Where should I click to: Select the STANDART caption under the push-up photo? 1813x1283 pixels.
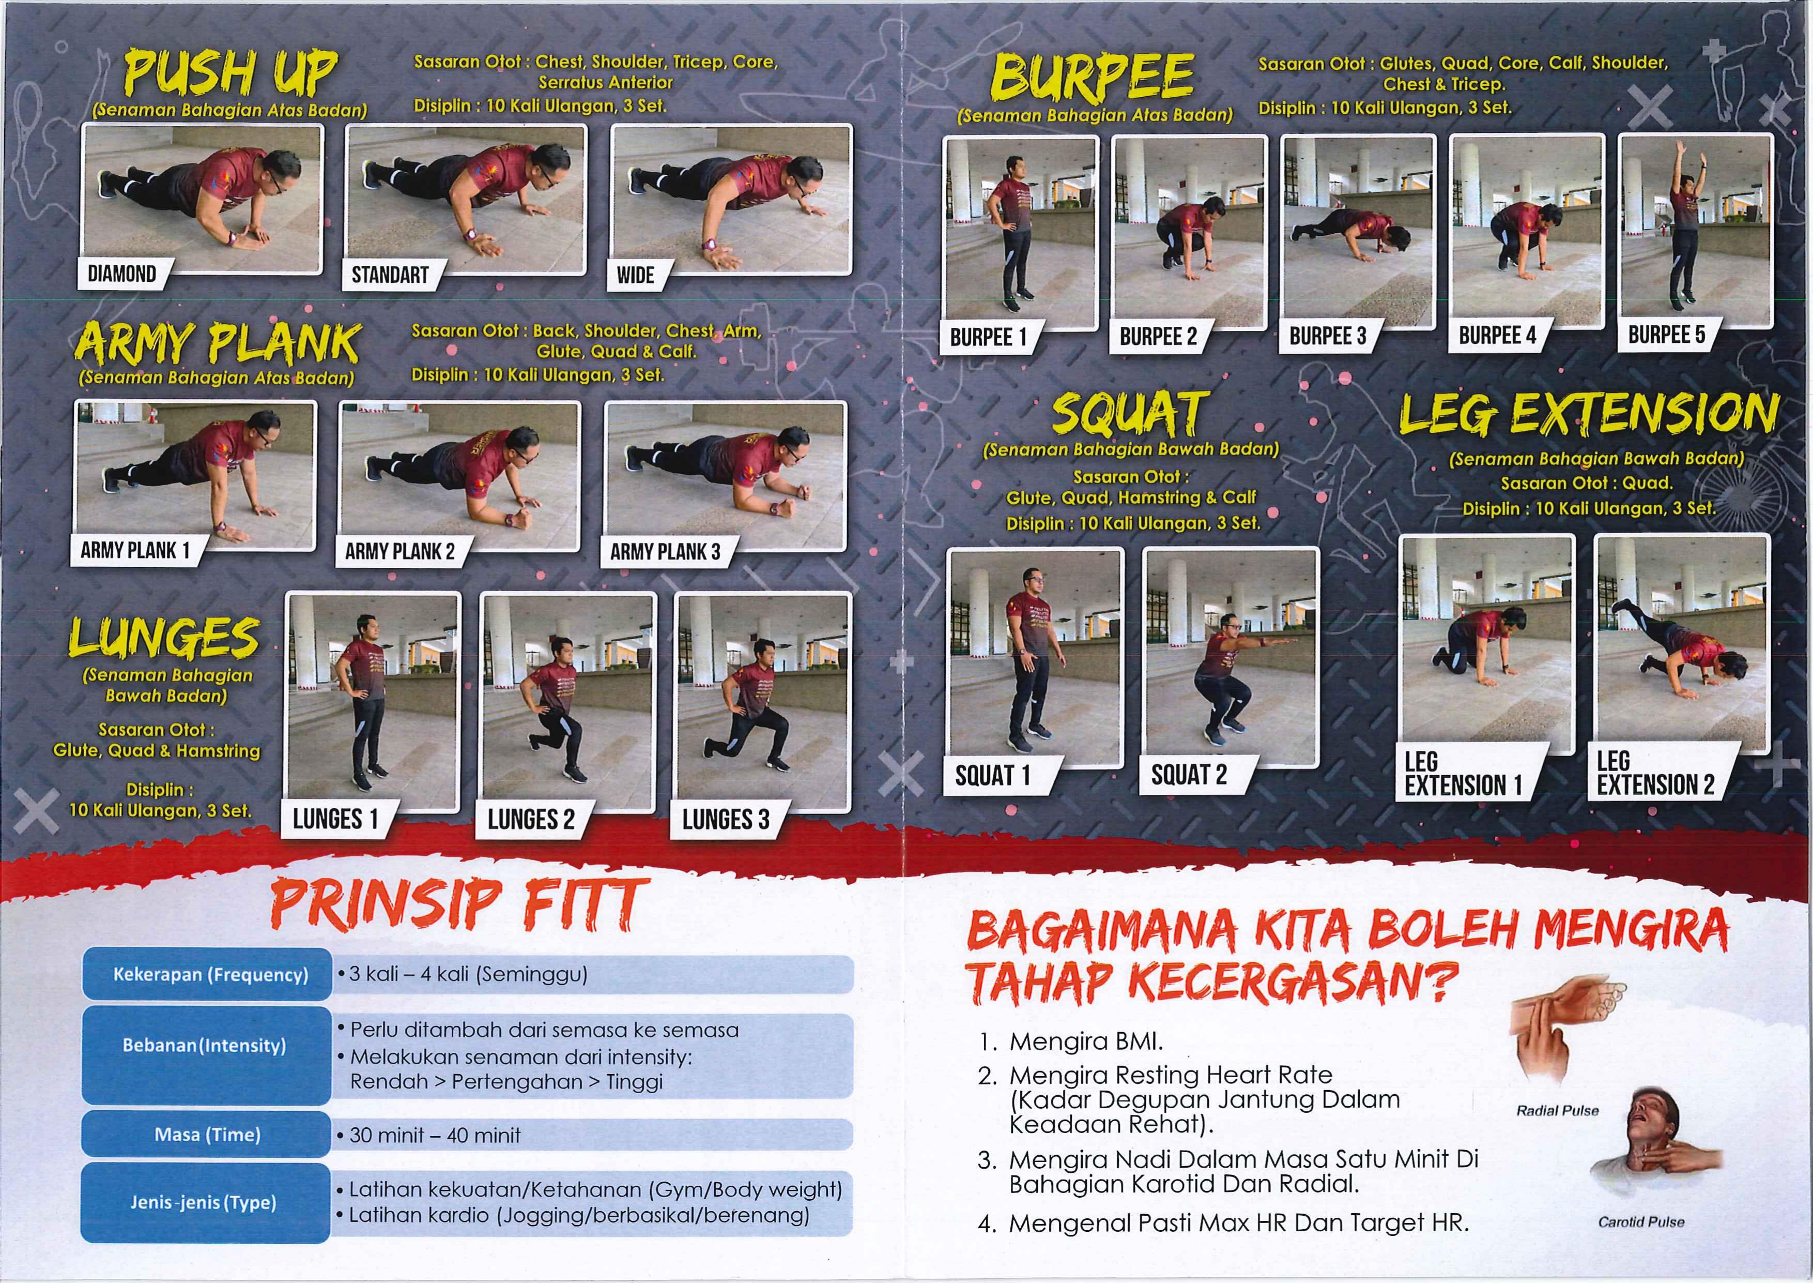390,275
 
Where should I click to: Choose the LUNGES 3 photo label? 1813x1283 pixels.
726,819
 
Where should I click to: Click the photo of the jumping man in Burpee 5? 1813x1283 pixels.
1695,232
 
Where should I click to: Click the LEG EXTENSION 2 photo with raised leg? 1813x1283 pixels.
1682,644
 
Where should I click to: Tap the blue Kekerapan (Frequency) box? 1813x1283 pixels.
207,974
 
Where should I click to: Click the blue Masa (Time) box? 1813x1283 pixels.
207,1135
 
